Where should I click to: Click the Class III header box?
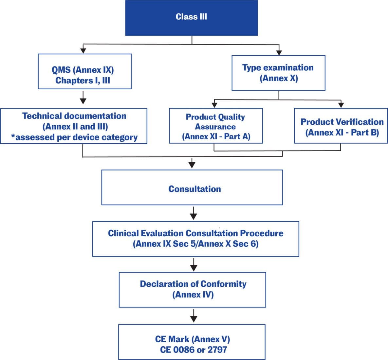pyautogui.click(x=192, y=18)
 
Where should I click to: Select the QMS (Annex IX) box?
pyautogui.click(x=84, y=71)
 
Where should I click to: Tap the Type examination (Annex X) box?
pyautogui.click(x=278, y=73)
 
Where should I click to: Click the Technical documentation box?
pyautogui.click(x=74, y=126)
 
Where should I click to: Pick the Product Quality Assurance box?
pyautogui.click(x=216, y=126)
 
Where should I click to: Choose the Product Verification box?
pyautogui.click(x=341, y=126)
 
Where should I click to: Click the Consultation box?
pyautogui.click(x=192, y=187)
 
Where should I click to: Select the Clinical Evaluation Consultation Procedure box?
pyautogui.click(x=195, y=239)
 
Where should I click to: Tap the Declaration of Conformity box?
pyautogui.click(x=192, y=289)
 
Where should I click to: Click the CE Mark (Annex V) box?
pyautogui.click(x=192, y=342)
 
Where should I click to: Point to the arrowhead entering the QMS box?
pyautogui.click(x=83, y=50)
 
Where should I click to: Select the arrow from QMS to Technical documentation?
pyautogui.click(x=83, y=98)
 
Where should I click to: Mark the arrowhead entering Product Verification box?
pyautogui.click(x=341, y=105)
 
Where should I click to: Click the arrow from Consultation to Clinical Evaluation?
pyautogui.click(x=194, y=213)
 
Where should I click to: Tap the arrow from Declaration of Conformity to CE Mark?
pyautogui.click(x=194, y=316)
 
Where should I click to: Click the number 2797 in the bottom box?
pyautogui.click(x=217, y=350)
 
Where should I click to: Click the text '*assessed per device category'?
pyautogui.click(x=74, y=137)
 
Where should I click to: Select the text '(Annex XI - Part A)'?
pyautogui.click(x=216, y=136)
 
